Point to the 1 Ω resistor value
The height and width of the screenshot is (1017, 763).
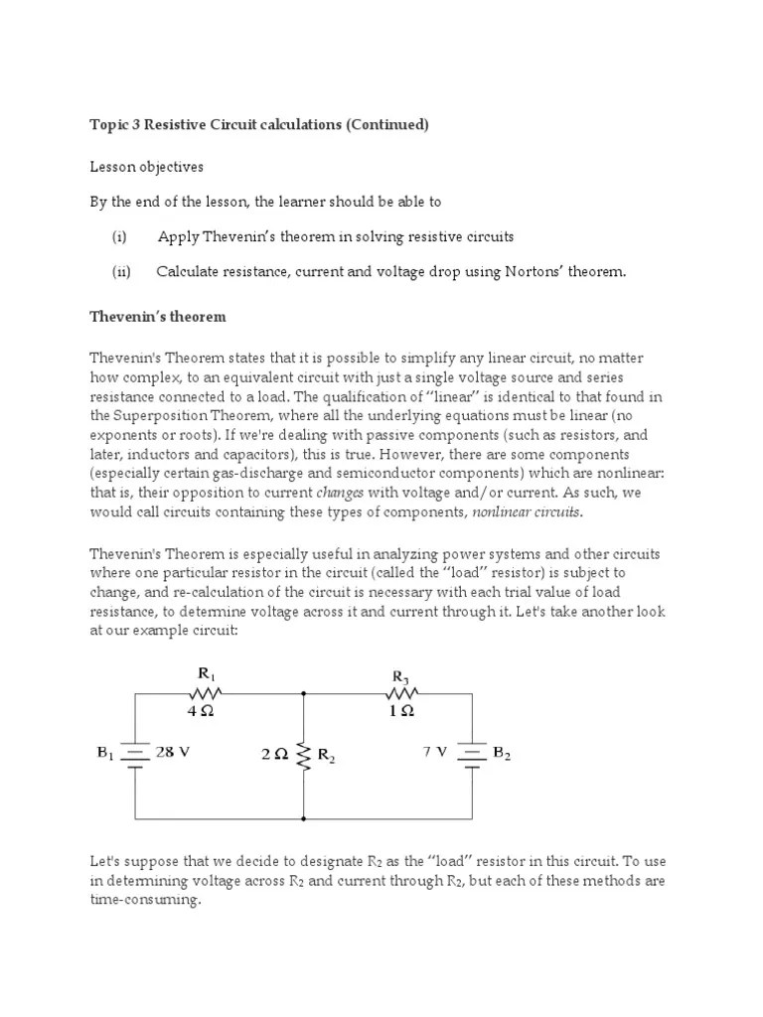pos(401,711)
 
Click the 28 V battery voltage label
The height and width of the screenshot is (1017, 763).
pos(173,752)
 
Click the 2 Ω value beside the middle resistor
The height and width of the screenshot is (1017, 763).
pos(275,754)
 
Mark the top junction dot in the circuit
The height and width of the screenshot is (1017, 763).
pos(303,694)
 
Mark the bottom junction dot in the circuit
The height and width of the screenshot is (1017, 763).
pos(303,819)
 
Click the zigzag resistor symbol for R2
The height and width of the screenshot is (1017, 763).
pos(303,755)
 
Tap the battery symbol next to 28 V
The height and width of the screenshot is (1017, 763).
pos(135,756)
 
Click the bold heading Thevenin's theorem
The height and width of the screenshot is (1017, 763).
pos(158,317)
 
